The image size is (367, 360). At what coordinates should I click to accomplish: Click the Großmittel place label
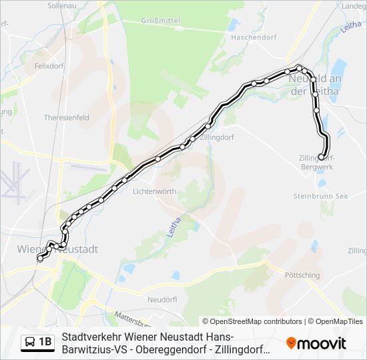pos(161,21)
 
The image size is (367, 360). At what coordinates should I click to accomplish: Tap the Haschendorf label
pos(253,37)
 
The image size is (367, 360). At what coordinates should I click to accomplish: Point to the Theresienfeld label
pos(66,117)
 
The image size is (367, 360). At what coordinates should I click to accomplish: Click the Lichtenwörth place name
pos(155,191)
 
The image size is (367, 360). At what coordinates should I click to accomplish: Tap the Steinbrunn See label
pos(321,196)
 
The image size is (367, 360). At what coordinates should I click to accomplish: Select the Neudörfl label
pos(161,299)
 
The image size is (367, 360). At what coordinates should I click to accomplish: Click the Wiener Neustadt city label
pos(57,249)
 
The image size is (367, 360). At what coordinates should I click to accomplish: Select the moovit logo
pos(316,343)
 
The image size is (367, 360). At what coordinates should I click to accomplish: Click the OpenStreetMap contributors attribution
pos(252,321)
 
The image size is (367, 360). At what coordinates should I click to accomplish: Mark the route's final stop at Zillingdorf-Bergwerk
pos(322,157)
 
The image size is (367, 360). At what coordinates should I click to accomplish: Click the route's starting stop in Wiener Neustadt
pos(40,259)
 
